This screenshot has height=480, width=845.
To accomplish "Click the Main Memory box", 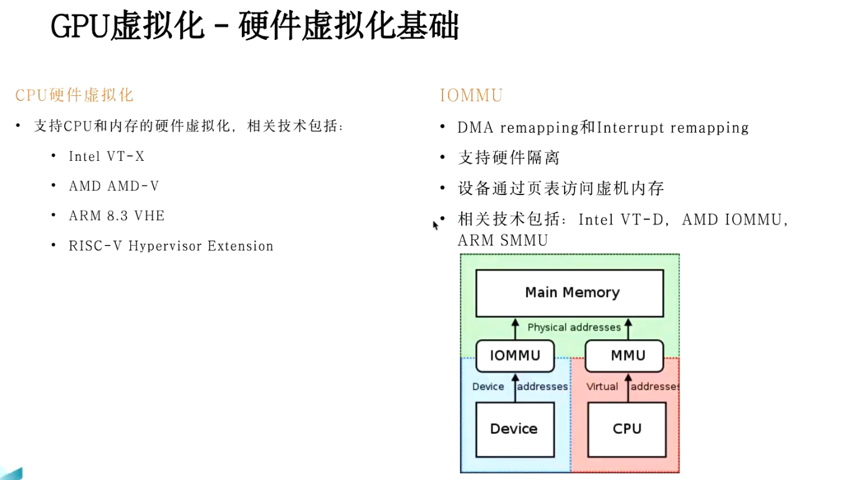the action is [570, 293].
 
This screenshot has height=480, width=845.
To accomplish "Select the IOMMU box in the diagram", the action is [515, 356].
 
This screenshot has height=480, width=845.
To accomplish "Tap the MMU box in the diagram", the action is [624, 356].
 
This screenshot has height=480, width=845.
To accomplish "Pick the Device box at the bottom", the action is [515, 430].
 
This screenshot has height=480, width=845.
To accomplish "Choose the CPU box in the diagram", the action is [627, 430].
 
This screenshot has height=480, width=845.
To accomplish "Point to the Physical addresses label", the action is [574, 327].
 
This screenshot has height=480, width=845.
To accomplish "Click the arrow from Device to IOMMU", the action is [515, 388].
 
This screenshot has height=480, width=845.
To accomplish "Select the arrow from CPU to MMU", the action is [628, 388].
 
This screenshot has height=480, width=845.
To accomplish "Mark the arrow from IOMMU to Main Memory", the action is [515, 329].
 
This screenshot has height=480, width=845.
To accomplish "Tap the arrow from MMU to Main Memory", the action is [628, 329].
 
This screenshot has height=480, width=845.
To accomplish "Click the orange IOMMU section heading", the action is [471, 95].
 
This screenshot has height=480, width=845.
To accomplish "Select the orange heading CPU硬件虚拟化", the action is [74, 95].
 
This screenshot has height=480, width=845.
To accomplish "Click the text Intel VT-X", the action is [107, 156].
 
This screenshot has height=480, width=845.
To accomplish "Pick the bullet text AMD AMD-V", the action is [114, 186].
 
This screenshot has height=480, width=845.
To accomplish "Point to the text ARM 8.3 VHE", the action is [117, 216].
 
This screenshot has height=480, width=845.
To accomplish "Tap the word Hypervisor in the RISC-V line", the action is [165, 246].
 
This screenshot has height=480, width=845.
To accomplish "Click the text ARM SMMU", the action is [503, 241].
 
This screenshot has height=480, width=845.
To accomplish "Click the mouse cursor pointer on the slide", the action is [436, 225].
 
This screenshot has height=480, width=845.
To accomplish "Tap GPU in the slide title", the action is [80, 26].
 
